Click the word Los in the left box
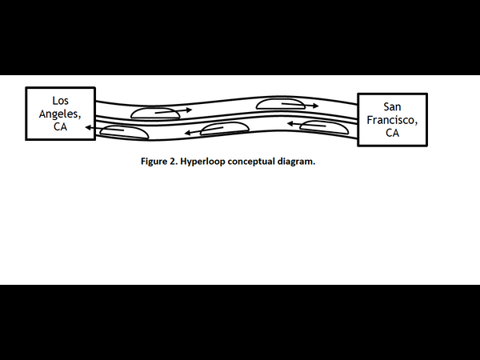pos(61,101)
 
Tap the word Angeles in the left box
pos(61,114)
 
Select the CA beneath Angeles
pos(61,126)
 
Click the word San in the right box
pos(392,107)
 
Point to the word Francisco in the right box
pos(392,120)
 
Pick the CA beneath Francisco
pos(392,133)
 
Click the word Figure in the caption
pos(155,162)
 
